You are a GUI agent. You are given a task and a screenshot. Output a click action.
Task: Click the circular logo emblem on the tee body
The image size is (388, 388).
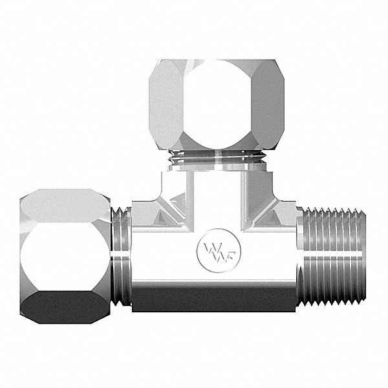pyautogui.click(x=213, y=250)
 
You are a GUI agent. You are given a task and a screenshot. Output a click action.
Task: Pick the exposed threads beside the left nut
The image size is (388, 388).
pyautogui.click(x=123, y=259)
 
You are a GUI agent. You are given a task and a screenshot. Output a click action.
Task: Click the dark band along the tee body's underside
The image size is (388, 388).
pyautogui.click(x=213, y=301)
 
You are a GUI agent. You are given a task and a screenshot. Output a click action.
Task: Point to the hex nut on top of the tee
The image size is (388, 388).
pyautogui.click(x=208, y=107)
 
